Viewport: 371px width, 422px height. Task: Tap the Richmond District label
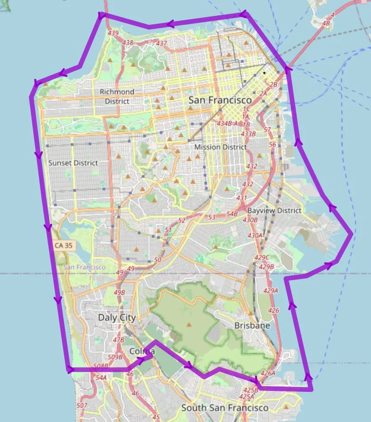[x=117, y=96]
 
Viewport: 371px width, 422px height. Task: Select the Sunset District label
[x=73, y=163]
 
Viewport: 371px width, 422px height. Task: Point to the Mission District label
[x=220, y=147]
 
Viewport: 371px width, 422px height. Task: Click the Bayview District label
[x=274, y=210]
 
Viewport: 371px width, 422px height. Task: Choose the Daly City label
[x=117, y=318]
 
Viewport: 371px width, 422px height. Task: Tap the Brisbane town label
[x=252, y=325]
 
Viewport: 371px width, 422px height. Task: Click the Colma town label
[x=142, y=351]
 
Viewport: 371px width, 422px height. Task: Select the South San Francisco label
[x=225, y=407]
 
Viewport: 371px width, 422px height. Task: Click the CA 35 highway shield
[x=63, y=245]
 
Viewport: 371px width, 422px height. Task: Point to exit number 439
[x=113, y=33]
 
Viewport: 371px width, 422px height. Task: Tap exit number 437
[x=161, y=43]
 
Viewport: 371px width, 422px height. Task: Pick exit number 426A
[x=268, y=373]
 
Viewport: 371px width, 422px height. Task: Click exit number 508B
[x=101, y=366]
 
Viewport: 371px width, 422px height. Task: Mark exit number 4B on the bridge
[x=327, y=23]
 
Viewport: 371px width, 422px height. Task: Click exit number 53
[x=211, y=217]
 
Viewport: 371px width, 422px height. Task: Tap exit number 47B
[x=118, y=340]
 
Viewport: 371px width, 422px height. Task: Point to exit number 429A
[x=270, y=291]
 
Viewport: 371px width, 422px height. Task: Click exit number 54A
[x=101, y=378]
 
